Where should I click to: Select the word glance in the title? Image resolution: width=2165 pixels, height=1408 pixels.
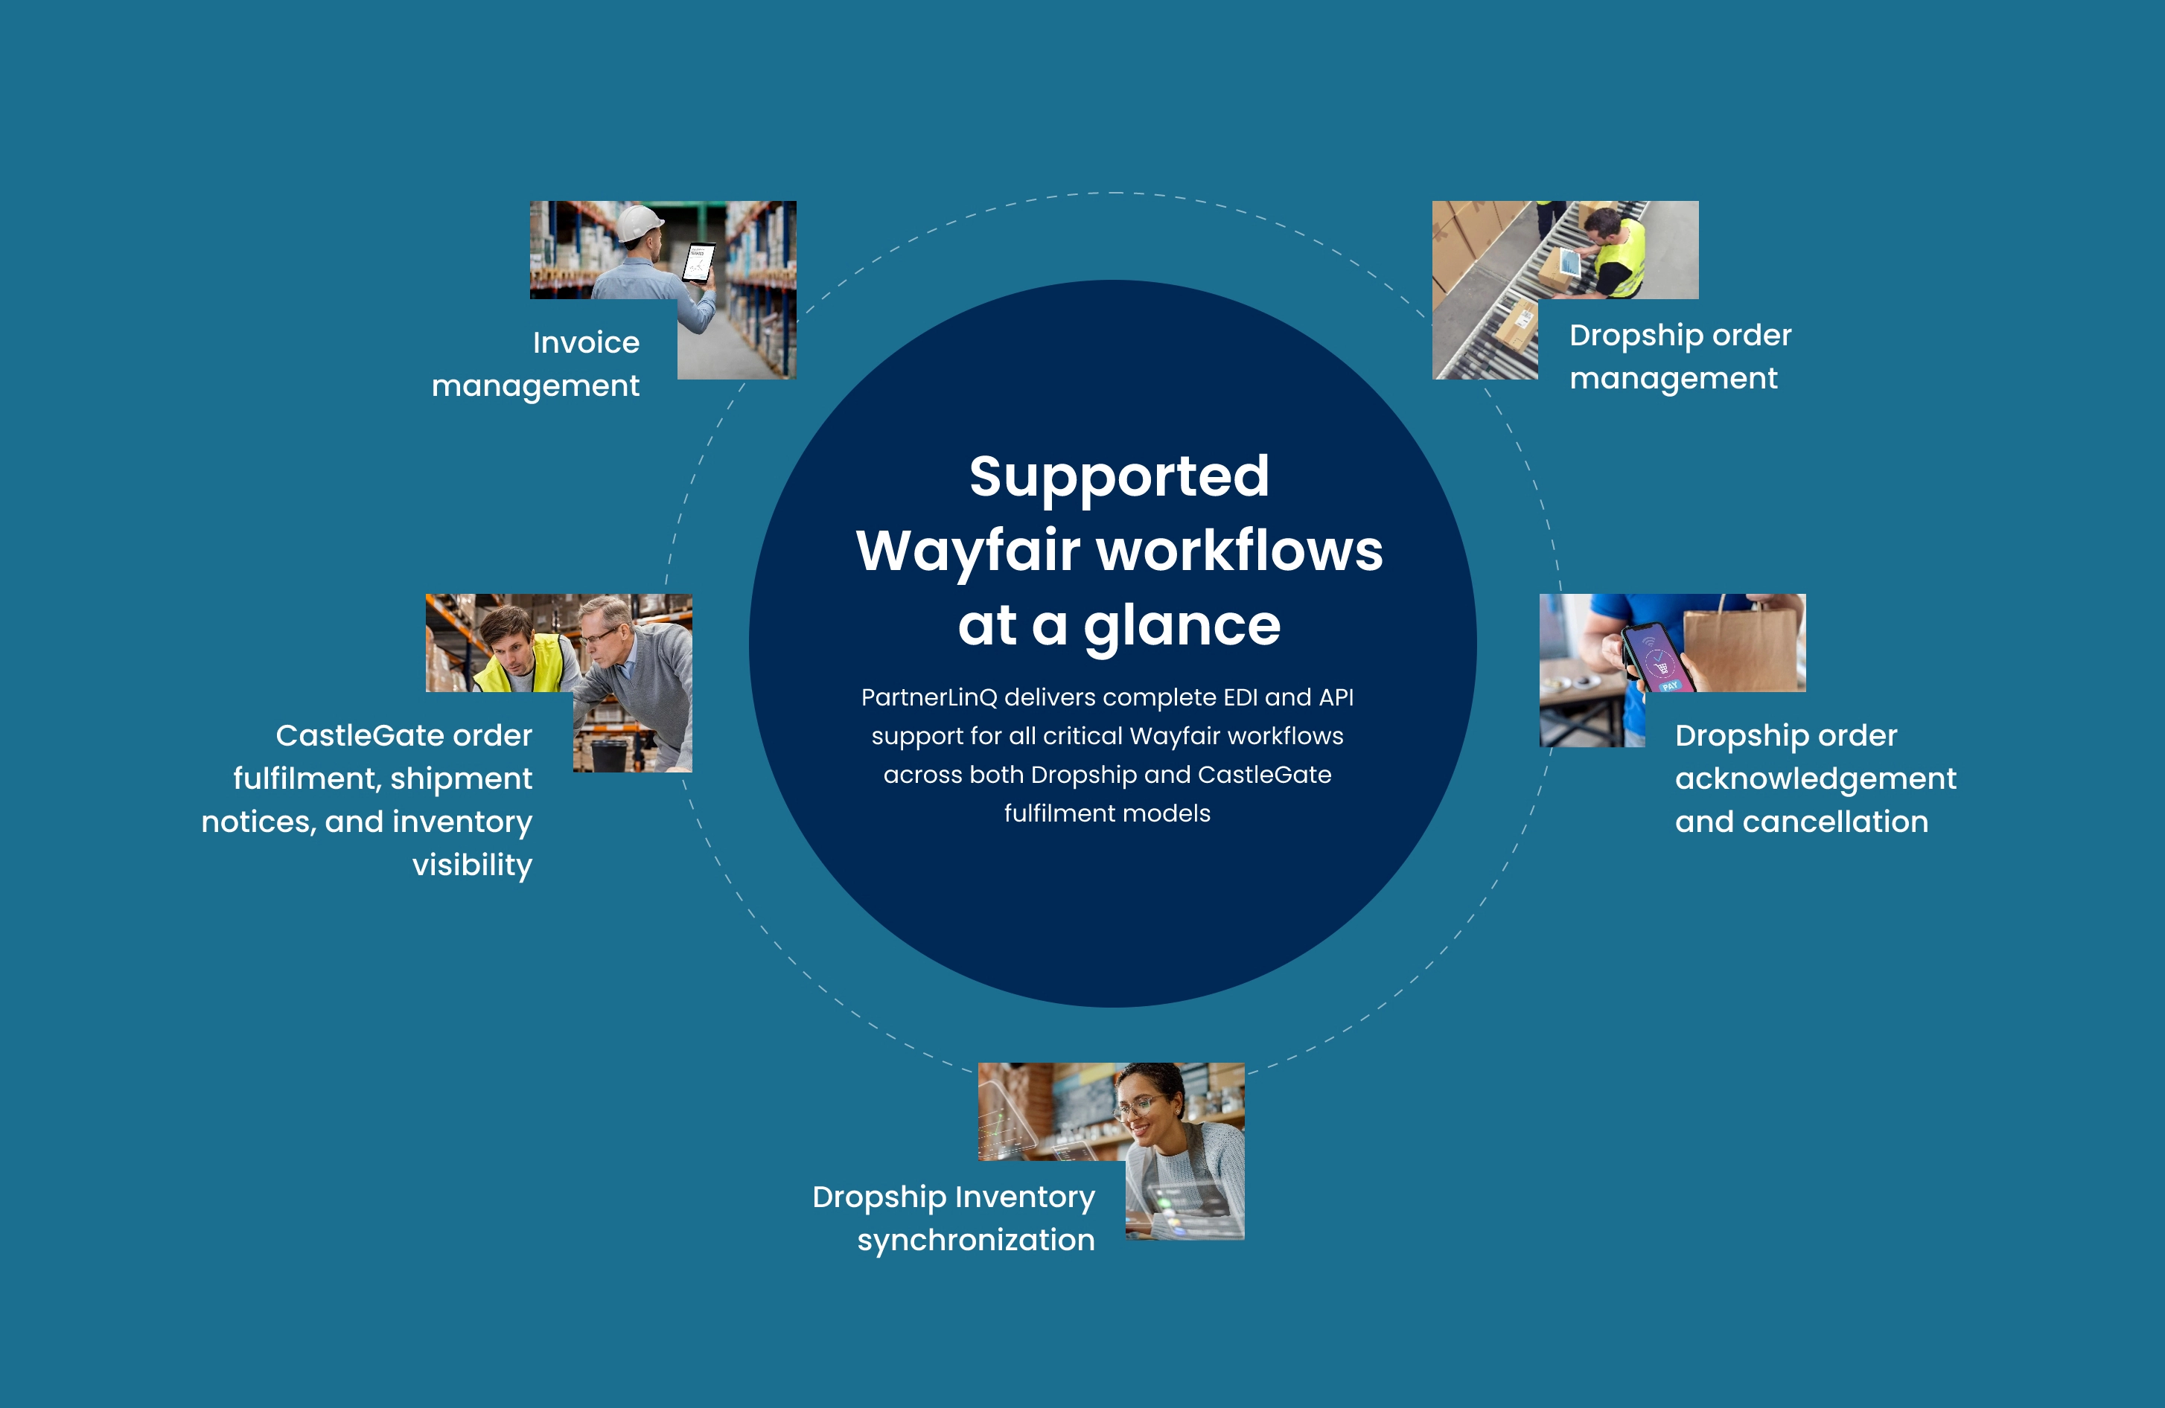pos(1182,627)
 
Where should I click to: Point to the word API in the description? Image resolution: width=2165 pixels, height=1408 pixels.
pos(1336,697)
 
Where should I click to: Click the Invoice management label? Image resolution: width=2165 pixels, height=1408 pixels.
pos(536,364)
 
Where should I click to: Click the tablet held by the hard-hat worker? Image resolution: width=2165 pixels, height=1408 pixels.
pos(698,263)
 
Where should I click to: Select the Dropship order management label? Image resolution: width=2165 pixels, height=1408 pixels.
pos(1680,356)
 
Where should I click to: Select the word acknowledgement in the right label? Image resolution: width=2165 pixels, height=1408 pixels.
pos(1816,778)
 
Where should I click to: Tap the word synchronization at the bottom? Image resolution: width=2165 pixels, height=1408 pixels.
pos(976,1241)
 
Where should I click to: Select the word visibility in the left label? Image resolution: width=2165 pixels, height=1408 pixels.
pos(472,865)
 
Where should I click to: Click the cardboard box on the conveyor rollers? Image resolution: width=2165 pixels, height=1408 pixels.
pos(1514,326)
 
